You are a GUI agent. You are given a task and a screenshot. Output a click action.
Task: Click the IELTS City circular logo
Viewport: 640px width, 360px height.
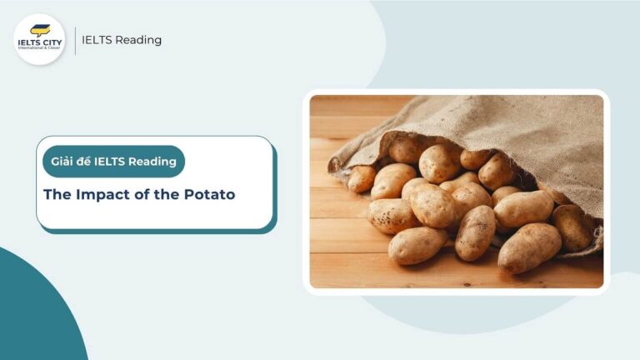coord(39,39)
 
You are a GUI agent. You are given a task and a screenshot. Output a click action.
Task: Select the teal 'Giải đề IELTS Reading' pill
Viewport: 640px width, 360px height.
coord(113,162)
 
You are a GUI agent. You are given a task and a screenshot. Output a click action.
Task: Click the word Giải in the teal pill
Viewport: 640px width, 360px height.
coord(63,162)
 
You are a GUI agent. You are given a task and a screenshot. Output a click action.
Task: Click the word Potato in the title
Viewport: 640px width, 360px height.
coord(211,195)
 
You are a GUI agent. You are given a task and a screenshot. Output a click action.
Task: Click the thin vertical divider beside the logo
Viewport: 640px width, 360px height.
coord(75,40)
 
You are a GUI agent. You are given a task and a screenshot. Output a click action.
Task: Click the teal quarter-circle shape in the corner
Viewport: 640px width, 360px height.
coord(33,317)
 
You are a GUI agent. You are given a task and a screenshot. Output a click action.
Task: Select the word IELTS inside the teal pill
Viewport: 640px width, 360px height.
coord(114,162)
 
